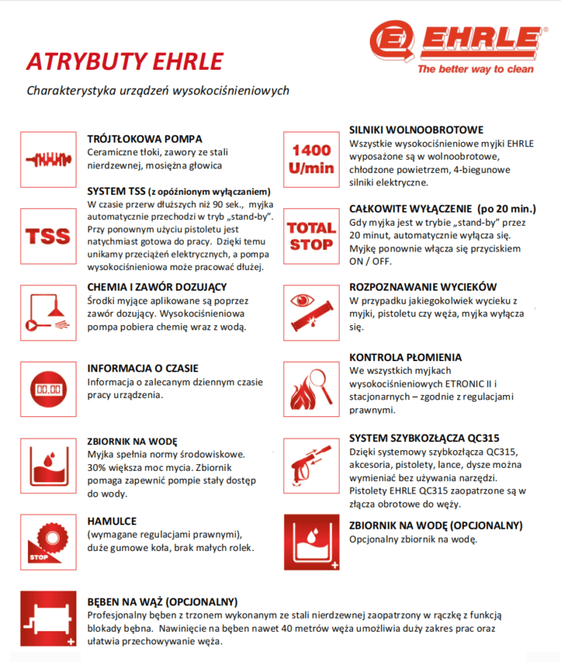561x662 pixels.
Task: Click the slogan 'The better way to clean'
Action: click(x=475, y=69)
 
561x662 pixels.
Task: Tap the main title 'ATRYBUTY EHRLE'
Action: click(x=124, y=62)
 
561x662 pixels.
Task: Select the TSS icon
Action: click(x=48, y=236)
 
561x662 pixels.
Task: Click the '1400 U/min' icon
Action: click(x=311, y=159)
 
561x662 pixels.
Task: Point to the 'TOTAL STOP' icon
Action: click(x=311, y=236)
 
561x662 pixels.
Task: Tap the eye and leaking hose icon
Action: click(x=311, y=313)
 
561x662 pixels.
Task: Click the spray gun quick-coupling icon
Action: click(x=311, y=466)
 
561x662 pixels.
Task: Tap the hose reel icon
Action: click(x=48, y=619)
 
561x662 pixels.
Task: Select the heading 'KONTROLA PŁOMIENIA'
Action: click(x=405, y=357)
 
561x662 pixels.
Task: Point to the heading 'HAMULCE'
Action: click(x=112, y=521)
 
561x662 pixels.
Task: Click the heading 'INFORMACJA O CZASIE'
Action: click(x=143, y=368)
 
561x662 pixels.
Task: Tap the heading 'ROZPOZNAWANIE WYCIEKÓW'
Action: click(x=423, y=286)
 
